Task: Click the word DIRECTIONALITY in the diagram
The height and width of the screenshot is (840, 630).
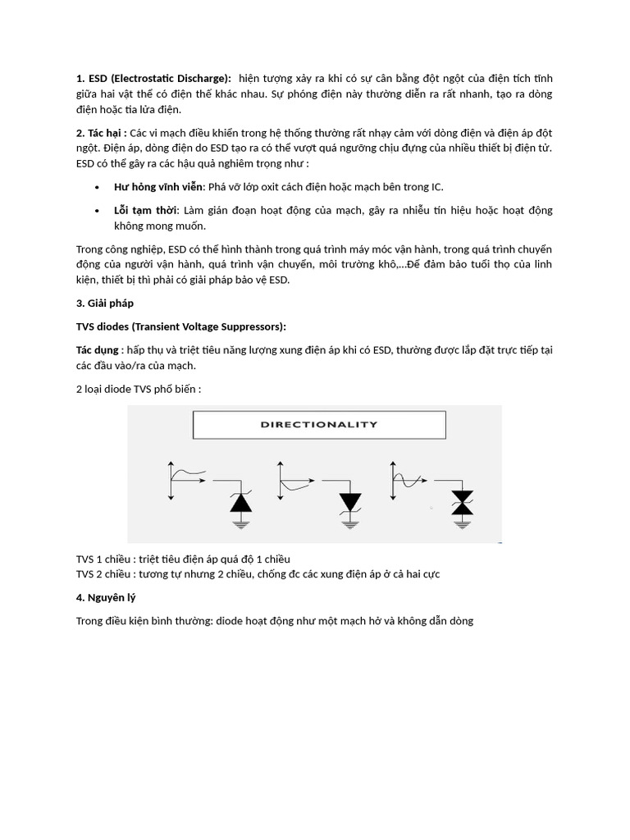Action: click(319, 425)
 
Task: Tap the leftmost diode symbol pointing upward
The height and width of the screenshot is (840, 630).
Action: click(240, 501)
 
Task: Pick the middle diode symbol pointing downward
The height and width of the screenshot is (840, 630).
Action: click(350, 501)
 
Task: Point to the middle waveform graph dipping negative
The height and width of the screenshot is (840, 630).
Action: click(294, 477)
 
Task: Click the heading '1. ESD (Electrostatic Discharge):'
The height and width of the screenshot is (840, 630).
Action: click(153, 78)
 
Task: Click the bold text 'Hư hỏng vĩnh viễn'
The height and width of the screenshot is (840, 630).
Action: click(160, 187)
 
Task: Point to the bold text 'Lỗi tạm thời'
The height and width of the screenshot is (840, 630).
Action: click(145, 211)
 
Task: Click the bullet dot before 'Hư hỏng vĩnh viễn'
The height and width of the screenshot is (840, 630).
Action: click(98, 188)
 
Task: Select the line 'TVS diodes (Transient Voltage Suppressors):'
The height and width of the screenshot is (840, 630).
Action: click(180, 326)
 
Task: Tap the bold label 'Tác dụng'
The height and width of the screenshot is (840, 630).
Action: click(97, 350)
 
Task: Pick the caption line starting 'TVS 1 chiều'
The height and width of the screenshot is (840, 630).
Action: click(183, 559)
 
